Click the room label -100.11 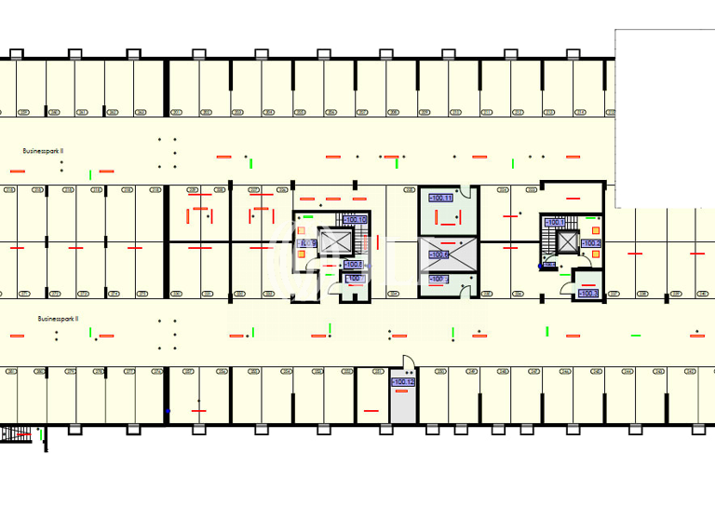pyautogui.click(x=439, y=198)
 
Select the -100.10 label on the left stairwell pyautogui.click(x=355, y=220)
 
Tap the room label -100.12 pyautogui.click(x=402, y=382)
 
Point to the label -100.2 pyautogui.click(x=591, y=243)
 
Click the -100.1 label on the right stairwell pyautogui.click(x=555, y=223)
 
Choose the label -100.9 pyautogui.click(x=305, y=244)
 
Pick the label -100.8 pyautogui.click(x=587, y=294)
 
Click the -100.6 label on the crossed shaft pyautogui.click(x=438, y=254)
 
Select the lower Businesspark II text pyautogui.click(x=58, y=318)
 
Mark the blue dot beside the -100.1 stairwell pyautogui.click(x=539, y=267)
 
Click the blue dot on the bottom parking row pyautogui.click(x=168, y=411)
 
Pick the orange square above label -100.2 pyautogui.click(x=595, y=228)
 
